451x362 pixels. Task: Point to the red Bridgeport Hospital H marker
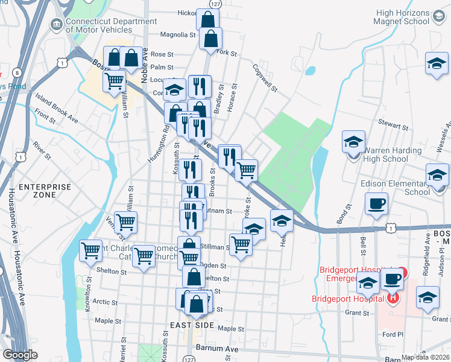(393, 298)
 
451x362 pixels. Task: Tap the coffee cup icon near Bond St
(377, 205)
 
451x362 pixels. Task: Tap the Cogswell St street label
(265, 78)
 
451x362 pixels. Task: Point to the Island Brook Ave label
(56, 108)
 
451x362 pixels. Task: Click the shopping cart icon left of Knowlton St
(91, 250)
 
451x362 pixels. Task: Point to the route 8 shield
(16, 73)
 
